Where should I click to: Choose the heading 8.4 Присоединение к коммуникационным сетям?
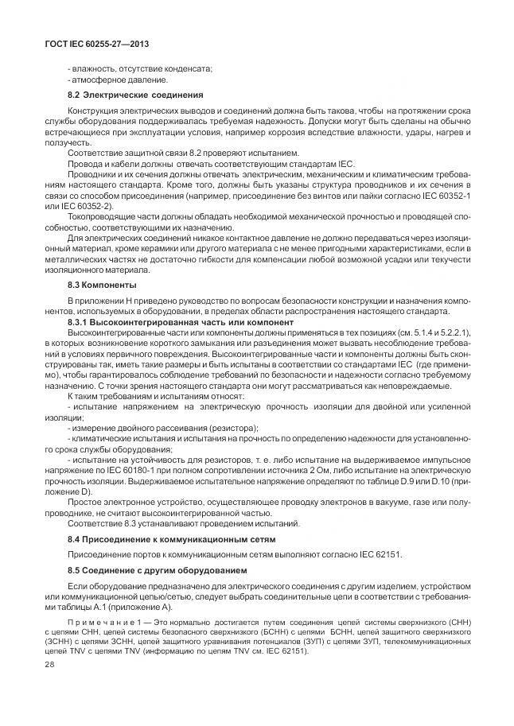point(171,540)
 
